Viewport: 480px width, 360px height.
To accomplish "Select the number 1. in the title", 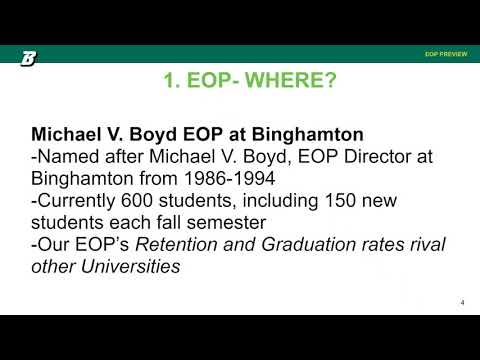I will click(x=172, y=83).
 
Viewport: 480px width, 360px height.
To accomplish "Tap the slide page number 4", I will click(x=463, y=302).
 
